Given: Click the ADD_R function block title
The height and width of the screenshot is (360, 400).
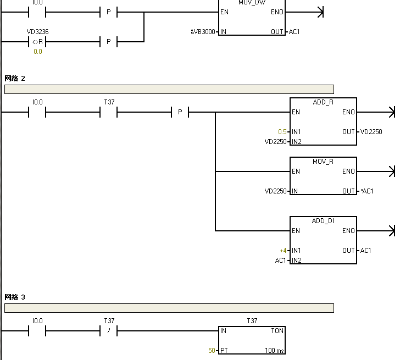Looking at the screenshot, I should tap(323, 102).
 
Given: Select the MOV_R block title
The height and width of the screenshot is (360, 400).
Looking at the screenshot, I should tap(323, 162).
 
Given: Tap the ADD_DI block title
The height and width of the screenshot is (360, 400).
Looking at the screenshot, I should tap(323, 221).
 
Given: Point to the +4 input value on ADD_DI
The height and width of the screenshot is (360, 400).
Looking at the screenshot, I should tap(283, 251).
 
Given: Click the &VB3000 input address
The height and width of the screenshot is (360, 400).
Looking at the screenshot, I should tap(203, 32).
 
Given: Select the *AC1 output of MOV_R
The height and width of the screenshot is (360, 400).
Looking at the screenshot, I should tap(366, 191).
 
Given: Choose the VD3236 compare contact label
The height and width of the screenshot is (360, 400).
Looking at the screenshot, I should tap(37, 32).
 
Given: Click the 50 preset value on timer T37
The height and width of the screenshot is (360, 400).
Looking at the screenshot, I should tap(212, 351).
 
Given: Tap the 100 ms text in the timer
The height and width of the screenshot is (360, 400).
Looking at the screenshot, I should tap(274, 351).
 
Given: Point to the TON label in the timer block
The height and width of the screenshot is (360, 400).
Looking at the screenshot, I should tap(277, 331).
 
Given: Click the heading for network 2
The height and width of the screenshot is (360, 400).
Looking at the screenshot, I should tap(15, 79).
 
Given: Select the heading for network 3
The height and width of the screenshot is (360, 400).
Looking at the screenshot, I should tap(15, 297).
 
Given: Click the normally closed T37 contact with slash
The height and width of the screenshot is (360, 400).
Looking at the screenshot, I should tap(109, 331).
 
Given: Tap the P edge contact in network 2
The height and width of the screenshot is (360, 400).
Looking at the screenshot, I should tap(180, 112).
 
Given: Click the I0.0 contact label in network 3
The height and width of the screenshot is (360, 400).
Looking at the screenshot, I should tap(37, 321).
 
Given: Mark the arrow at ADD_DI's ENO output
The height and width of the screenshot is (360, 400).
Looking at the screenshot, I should tap(391, 231).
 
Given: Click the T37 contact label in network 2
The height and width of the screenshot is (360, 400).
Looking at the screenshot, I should tap(109, 102).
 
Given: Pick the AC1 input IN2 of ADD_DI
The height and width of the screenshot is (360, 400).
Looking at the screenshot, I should tap(280, 261).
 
